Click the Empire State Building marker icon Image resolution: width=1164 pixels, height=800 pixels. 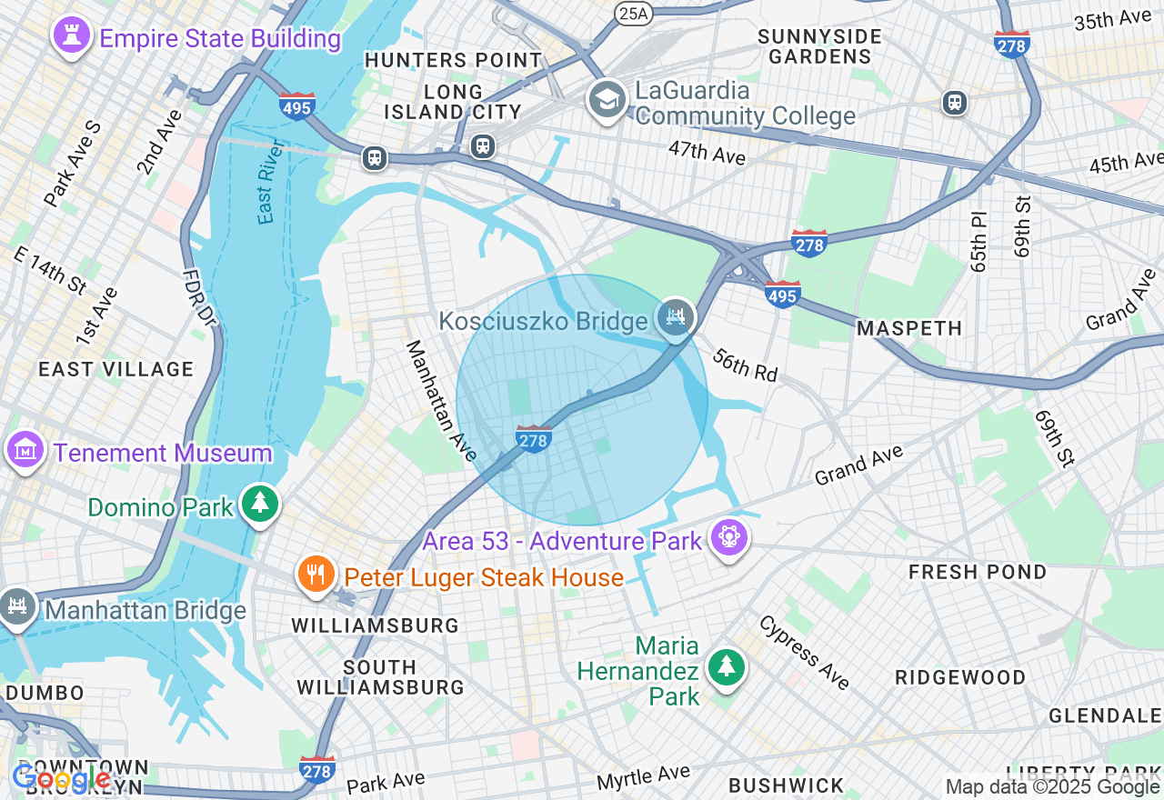click(70, 36)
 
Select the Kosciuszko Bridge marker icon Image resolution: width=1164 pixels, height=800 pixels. click(676, 317)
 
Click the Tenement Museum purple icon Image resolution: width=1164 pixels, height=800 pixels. click(25, 449)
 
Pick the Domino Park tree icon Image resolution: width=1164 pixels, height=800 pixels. click(260, 504)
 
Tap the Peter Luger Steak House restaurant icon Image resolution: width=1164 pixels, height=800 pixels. click(316, 575)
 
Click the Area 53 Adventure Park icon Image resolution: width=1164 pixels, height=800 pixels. click(728, 537)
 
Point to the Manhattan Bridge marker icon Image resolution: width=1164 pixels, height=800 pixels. click(16, 605)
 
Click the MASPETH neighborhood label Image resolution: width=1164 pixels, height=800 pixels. click(909, 328)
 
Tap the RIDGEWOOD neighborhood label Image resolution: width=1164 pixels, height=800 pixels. click(960, 678)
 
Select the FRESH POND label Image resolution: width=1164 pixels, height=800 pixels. click(978, 572)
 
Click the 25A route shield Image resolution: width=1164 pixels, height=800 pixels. click(634, 13)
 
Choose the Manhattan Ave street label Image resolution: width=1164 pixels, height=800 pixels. click(441, 400)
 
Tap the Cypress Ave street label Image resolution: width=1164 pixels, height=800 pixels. click(804, 653)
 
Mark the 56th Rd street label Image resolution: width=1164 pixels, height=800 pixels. click(745, 364)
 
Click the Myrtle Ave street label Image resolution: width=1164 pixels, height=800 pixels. click(643, 777)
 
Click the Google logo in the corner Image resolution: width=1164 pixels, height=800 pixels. click(60, 778)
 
